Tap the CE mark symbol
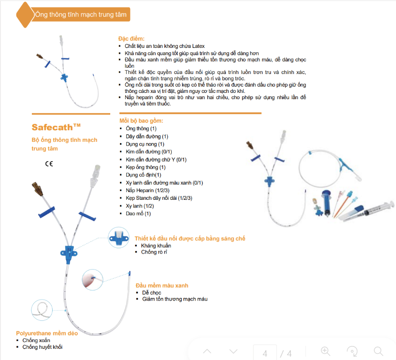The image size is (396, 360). coord(49,164)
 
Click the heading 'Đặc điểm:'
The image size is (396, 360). coord(132,38)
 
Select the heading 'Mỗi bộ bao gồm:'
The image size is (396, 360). coord(141,120)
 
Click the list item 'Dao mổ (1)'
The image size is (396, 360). coord(138,213)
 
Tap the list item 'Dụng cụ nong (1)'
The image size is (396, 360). coord(145,144)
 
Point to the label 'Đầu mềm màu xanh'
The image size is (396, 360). coord(162,285)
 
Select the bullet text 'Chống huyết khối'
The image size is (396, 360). coord(43,347)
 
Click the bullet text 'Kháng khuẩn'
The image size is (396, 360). coord(156,245)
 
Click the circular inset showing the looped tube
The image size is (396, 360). coord(42,309)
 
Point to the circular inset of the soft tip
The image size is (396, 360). coord(93,280)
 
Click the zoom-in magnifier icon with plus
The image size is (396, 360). coord(325,351)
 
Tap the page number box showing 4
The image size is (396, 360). coord(265,353)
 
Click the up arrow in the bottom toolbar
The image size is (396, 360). coord(207,351)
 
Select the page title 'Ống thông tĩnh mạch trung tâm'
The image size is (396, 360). coord(81,15)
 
